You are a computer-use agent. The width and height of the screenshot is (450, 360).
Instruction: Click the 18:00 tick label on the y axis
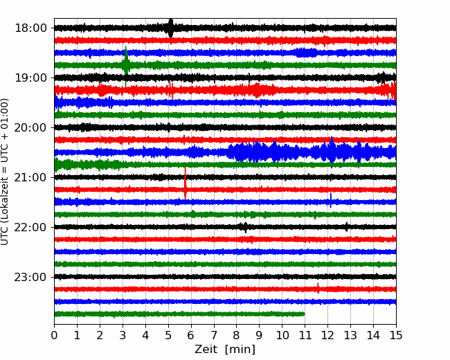tap(30, 28)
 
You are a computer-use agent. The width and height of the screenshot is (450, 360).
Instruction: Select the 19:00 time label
tap(30, 78)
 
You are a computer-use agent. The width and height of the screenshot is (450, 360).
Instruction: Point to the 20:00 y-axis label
tap(30, 127)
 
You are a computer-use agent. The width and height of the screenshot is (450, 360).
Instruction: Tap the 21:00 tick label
tap(30, 177)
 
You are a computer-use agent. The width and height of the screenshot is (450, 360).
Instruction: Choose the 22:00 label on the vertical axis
tap(30, 227)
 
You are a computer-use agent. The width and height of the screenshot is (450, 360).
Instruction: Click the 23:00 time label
tap(30, 277)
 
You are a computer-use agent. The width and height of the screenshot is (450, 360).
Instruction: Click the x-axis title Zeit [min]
tap(225, 350)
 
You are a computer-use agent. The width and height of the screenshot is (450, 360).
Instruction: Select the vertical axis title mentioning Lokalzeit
tap(5, 172)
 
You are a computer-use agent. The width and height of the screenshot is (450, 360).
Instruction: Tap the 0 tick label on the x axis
tap(54, 335)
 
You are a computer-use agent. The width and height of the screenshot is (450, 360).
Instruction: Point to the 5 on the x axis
tap(168, 335)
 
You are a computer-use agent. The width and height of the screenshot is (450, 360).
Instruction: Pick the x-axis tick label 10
tap(282, 335)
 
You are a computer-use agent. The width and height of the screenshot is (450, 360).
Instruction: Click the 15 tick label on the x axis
tap(396, 335)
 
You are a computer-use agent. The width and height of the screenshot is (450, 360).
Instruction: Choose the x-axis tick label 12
tap(327, 335)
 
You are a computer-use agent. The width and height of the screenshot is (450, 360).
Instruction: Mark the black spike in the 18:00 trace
tap(171, 28)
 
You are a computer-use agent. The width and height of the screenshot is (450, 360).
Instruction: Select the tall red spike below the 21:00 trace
tap(186, 183)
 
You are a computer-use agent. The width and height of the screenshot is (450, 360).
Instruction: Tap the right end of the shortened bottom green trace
tap(305, 314)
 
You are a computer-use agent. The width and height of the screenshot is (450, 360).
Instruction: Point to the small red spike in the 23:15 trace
tap(318, 288)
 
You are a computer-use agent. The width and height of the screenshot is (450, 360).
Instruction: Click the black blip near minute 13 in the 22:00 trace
tap(347, 227)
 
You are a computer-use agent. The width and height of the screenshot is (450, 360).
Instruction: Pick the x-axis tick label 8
tap(237, 335)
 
